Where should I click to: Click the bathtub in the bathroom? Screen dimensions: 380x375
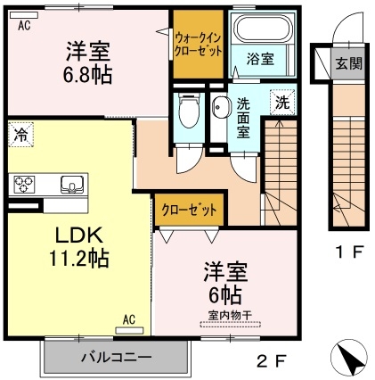click(257, 32)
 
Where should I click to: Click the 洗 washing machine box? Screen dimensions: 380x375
click(281, 102)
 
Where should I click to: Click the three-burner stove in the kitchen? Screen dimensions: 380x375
click(24, 186)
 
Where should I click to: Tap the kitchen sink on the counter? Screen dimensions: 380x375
click(70, 186)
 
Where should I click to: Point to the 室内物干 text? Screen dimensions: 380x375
click(231, 314)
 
